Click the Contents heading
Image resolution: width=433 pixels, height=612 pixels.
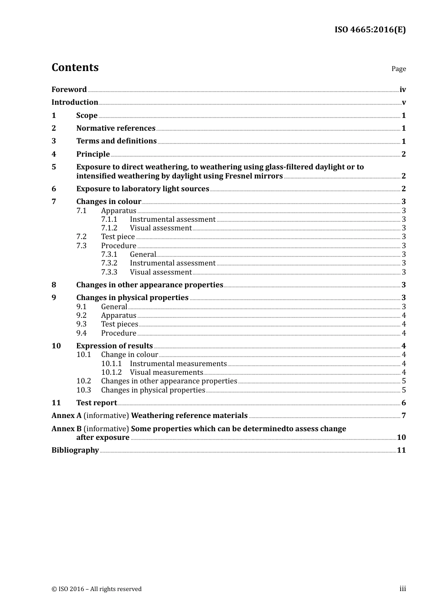(75, 67)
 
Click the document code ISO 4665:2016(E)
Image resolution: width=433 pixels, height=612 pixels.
(370, 30)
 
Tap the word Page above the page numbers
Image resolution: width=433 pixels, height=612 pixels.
(398, 69)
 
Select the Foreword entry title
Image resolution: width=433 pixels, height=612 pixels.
(69, 90)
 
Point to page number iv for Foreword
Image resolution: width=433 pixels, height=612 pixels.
(402, 90)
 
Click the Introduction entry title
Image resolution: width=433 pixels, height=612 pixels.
(75, 102)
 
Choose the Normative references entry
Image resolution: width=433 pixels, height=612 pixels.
(116, 128)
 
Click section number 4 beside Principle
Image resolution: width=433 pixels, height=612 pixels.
(54, 154)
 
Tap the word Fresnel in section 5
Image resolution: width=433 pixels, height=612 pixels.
(249, 176)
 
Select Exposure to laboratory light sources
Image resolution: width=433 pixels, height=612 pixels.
(143, 189)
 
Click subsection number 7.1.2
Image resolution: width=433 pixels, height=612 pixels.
(109, 228)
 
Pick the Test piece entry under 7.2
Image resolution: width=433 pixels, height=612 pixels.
(118, 237)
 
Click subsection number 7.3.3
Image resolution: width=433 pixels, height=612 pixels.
(109, 272)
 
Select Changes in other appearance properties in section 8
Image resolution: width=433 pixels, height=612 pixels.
(149, 285)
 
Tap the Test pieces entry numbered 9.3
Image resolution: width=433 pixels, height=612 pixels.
(119, 324)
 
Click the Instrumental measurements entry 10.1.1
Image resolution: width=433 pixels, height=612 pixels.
(178, 364)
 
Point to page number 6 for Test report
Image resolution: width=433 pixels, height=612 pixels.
(404, 403)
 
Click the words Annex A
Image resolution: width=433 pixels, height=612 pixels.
(67, 416)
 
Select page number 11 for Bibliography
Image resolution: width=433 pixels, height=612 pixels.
(401, 450)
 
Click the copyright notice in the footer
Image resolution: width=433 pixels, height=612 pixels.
(97, 589)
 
